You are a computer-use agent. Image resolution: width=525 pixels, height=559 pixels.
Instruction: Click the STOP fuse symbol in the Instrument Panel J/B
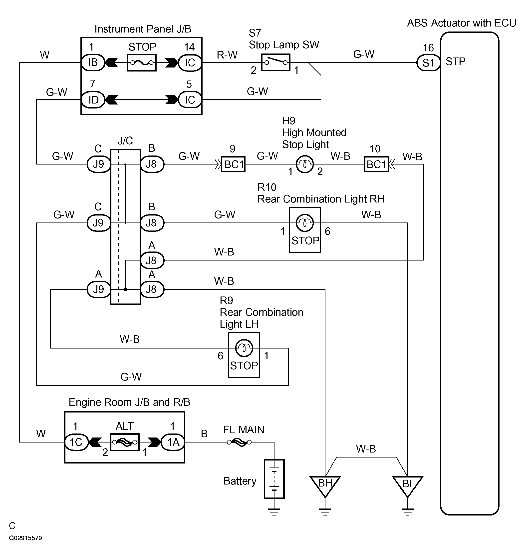142,63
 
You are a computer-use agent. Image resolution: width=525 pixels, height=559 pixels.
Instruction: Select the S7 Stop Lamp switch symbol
275,62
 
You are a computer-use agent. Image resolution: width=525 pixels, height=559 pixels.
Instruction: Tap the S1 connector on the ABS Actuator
428,62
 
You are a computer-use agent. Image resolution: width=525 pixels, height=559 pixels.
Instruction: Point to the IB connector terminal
93,62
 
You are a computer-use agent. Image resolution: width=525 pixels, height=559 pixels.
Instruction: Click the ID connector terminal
93,100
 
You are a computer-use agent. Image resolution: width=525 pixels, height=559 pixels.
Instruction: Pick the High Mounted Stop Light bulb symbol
305,164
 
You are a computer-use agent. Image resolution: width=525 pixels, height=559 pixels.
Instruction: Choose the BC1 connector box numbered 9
233,164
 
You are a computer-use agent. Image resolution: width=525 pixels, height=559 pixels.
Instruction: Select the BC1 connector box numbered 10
376,164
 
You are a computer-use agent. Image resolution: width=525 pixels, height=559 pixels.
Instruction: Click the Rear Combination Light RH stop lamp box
305,230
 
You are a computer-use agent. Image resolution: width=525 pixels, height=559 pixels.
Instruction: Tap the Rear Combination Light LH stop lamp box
244,355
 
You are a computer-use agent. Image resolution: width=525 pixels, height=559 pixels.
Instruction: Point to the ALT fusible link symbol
125,442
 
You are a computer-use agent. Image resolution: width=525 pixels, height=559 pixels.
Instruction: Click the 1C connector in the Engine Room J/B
76,442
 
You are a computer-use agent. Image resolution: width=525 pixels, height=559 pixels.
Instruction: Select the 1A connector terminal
173,442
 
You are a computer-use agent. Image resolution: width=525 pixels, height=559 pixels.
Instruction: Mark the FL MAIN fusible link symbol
239,442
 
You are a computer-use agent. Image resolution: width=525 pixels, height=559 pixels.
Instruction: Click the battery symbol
274,479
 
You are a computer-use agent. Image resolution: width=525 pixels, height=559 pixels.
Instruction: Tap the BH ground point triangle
325,485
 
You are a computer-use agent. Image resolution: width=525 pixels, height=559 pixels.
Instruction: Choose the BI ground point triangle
407,485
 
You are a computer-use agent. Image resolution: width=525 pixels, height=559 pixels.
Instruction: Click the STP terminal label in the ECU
455,61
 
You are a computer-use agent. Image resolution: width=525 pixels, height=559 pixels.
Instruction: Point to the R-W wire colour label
227,55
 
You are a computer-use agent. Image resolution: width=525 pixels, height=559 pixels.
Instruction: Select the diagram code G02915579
25,538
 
